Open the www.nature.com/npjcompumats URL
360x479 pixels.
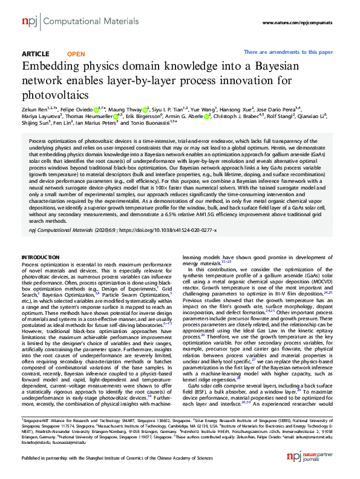297,23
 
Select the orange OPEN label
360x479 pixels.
76,54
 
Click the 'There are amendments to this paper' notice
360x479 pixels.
288,52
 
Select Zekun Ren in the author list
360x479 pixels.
34,109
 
